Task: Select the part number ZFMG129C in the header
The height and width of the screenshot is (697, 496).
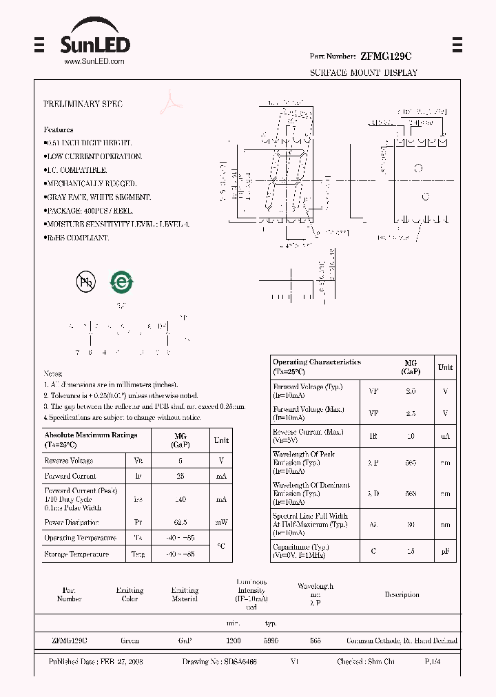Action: click(x=386, y=56)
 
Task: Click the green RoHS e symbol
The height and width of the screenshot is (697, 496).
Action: click(x=122, y=281)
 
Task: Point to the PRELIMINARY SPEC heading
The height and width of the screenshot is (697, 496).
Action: click(x=83, y=104)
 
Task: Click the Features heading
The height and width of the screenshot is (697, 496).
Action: click(x=59, y=129)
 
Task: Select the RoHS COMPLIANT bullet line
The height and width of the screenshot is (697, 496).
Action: click(x=78, y=238)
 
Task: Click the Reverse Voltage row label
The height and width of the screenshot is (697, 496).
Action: click(x=69, y=461)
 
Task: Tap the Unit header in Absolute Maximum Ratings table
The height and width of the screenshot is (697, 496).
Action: click(x=221, y=440)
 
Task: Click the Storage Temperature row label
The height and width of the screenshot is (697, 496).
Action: click(x=76, y=554)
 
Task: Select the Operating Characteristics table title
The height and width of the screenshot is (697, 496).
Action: click(x=316, y=366)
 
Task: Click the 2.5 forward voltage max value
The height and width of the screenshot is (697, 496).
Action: click(x=411, y=413)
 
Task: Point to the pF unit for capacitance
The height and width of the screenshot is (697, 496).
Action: click(x=446, y=551)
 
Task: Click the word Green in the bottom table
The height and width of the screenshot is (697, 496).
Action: click(x=130, y=641)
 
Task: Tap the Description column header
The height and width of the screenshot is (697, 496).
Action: click(x=402, y=594)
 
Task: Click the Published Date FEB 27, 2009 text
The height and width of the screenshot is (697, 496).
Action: click(x=96, y=661)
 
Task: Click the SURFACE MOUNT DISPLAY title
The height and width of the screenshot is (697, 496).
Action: click(x=363, y=72)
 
